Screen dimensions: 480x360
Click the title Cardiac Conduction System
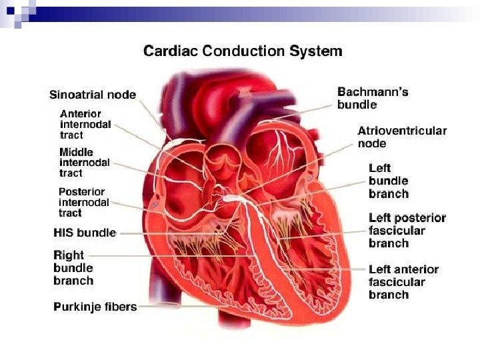243,51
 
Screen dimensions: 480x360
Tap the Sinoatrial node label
92,95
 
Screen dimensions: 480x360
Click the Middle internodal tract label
85,163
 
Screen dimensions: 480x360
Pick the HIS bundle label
85,233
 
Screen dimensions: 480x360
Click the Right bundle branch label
73,267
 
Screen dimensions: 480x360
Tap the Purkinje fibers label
95,307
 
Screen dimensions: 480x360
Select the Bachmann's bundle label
373,98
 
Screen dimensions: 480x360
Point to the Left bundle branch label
388,181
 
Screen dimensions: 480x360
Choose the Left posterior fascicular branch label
407,231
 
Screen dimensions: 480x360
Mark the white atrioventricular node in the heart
229,198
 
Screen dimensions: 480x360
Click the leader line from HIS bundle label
167,233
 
